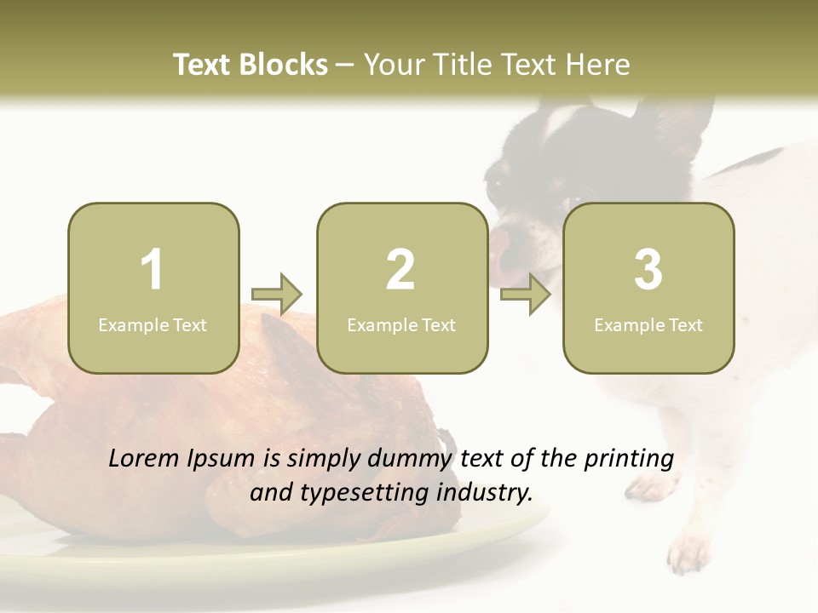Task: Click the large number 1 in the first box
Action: pyautogui.click(x=153, y=270)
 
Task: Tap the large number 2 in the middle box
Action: pyautogui.click(x=400, y=270)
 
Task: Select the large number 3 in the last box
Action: pyautogui.click(x=648, y=270)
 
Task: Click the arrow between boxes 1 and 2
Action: pyautogui.click(x=278, y=295)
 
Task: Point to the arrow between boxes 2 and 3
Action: pyautogui.click(x=526, y=295)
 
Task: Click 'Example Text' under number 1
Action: pyautogui.click(x=153, y=324)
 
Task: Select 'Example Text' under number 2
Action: pyautogui.click(x=401, y=324)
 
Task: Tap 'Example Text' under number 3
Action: pyautogui.click(x=648, y=324)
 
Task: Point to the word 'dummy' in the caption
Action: pyautogui.click(x=412, y=459)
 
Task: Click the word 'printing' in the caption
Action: pyautogui.click(x=629, y=459)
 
